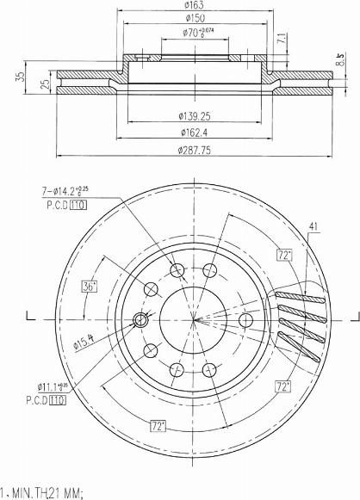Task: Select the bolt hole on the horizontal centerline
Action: coord(245,320)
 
